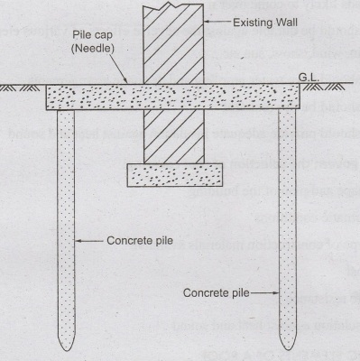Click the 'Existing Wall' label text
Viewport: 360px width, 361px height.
tap(265, 23)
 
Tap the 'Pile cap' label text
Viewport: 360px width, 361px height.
tap(93, 35)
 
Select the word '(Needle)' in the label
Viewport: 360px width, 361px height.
tap(93, 49)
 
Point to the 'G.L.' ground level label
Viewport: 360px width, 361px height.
tap(309, 78)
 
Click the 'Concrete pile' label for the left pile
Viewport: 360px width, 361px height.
tap(140, 241)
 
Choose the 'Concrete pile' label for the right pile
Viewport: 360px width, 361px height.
tap(217, 293)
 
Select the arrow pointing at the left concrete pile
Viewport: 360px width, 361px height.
tap(89, 241)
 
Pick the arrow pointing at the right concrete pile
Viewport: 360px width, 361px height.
tap(264, 293)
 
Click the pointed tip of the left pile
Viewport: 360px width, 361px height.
tap(66, 351)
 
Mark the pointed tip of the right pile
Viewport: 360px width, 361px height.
tap(288, 350)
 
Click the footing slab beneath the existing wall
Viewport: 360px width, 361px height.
tap(175, 175)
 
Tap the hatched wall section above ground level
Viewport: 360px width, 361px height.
tap(173, 44)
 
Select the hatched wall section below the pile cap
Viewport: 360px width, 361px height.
tap(174, 136)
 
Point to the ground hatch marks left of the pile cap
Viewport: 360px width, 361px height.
tap(20, 88)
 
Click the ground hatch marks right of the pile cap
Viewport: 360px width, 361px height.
tap(323, 87)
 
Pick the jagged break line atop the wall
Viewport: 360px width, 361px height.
tap(173, 5)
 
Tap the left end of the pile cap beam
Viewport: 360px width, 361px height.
tap(46, 97)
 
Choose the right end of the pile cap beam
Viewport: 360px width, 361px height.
tap(300, 97)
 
